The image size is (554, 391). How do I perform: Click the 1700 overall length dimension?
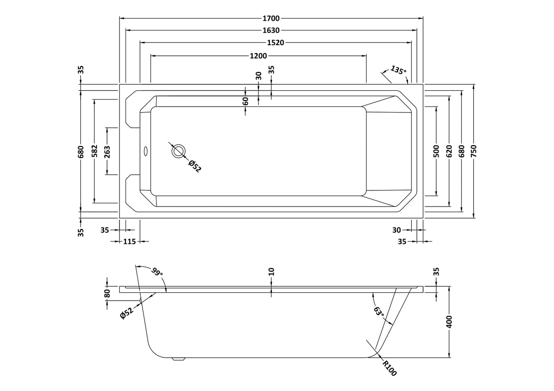click(x=271, y=18)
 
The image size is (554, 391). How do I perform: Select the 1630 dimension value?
click(x=271, y=30)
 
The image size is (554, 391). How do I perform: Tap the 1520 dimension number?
click(x=275, y=43)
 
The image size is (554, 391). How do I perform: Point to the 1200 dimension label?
click(x=259, y=56)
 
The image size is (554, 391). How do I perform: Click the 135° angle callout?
click(x=398, y=70)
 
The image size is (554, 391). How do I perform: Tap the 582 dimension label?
click(x=94, y=151)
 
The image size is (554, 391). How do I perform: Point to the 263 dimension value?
click(x=107, y=151)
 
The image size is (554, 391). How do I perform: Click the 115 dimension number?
click(x=130, y=242)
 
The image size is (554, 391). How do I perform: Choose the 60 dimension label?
click(x=246, y=100)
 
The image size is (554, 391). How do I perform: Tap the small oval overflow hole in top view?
click(x=146, y=151)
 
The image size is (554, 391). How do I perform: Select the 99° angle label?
click(x=157, y=273)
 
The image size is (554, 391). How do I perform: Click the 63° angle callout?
click(x=379, y=312)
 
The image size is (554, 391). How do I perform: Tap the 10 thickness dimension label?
click(x=271, y=272)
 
